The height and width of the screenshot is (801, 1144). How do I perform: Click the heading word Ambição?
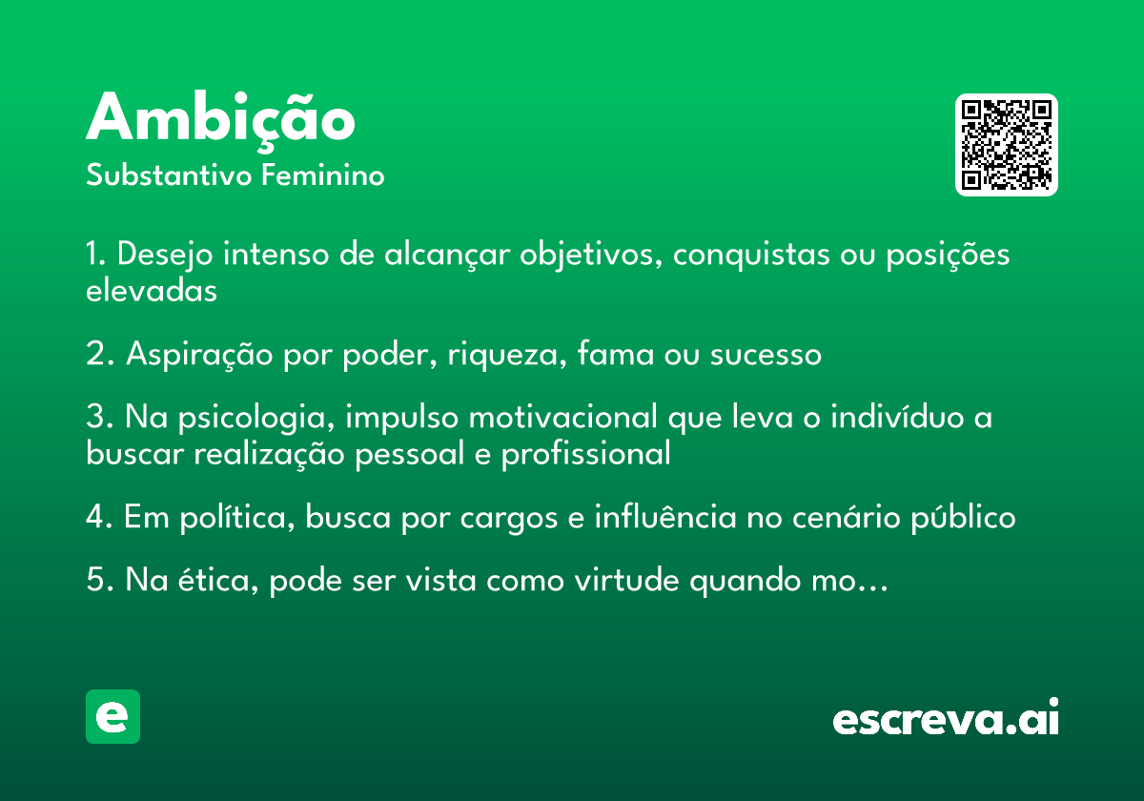[220, 119]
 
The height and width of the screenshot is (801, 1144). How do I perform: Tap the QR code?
[1007, 145]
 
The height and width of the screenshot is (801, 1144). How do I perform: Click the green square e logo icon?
[112, 716]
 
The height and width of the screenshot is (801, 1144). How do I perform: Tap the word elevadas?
[152, 291]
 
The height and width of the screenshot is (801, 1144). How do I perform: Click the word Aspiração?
[199, 355]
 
